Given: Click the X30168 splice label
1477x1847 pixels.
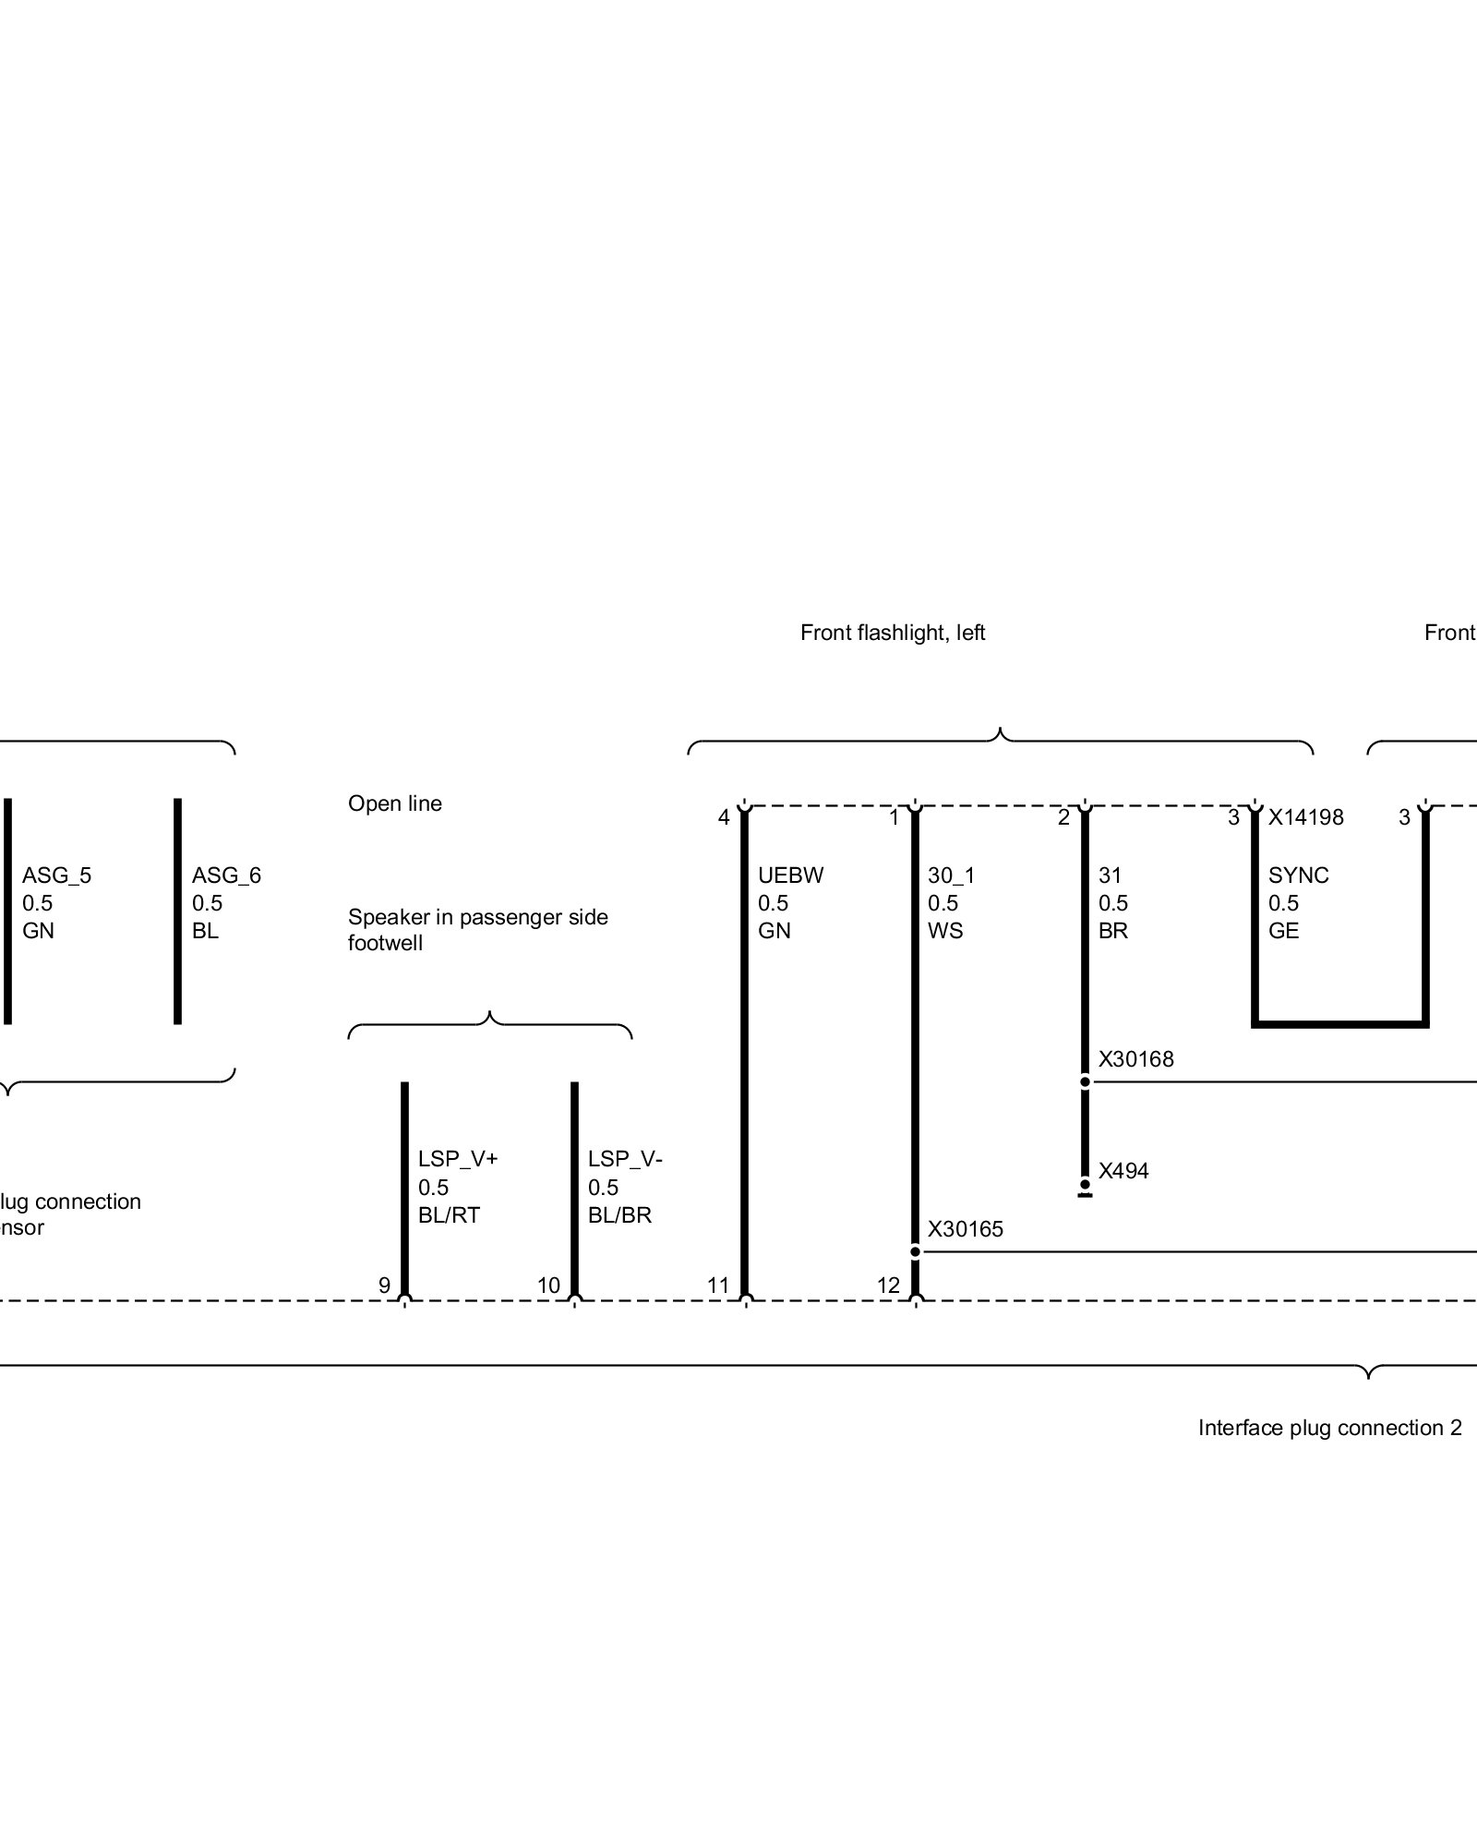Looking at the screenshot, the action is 1135,1059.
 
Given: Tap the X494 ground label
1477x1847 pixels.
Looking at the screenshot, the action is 1123,1171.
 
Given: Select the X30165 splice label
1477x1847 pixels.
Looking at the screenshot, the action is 965,1229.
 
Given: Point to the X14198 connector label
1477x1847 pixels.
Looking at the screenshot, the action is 1305,817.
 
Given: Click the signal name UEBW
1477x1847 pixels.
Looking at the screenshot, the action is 790,875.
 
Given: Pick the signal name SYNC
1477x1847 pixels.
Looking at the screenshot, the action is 1298,875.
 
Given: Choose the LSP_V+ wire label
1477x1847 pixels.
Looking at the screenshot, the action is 458,1158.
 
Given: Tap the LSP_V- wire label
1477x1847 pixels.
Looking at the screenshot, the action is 625,1158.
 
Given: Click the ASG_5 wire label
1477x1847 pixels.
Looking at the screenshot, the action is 56,875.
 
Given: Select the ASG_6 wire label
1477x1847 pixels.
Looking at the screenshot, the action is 226,875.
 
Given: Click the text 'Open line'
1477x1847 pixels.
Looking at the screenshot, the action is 394,803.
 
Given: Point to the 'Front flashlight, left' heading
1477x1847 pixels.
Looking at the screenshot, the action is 893,633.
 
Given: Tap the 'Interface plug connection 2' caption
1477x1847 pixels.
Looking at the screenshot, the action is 1329,1428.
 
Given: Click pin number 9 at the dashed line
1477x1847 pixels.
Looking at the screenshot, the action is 384,1285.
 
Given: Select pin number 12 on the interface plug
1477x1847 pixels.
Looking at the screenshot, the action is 888,1285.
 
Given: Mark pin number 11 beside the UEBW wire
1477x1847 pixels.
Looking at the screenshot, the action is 718,1285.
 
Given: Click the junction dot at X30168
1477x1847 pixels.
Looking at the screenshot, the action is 1085,1081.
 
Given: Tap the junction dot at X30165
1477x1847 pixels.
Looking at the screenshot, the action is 915,1252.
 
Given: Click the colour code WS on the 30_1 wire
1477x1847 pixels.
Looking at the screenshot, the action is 944,931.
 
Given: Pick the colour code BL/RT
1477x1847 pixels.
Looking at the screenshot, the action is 449,1215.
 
